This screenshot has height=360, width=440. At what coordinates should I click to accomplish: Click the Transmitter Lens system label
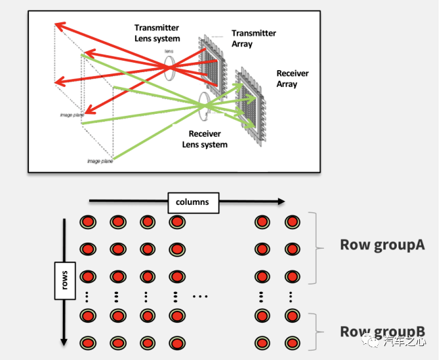[157, 33]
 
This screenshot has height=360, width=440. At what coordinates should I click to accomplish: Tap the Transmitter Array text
[253, 38]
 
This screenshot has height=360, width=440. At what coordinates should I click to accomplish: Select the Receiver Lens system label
[204, 139]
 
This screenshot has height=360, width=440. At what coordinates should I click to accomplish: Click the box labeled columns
[192, 202]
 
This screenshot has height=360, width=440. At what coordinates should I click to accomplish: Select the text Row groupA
[382, 245]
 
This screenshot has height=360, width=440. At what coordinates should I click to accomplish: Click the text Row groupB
[382, 331]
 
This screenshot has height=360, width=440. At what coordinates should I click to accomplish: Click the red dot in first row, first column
[88, 222]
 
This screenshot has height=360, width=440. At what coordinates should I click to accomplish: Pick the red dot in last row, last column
[292, 342]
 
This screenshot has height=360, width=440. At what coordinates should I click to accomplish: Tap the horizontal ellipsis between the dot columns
[200, 296]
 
